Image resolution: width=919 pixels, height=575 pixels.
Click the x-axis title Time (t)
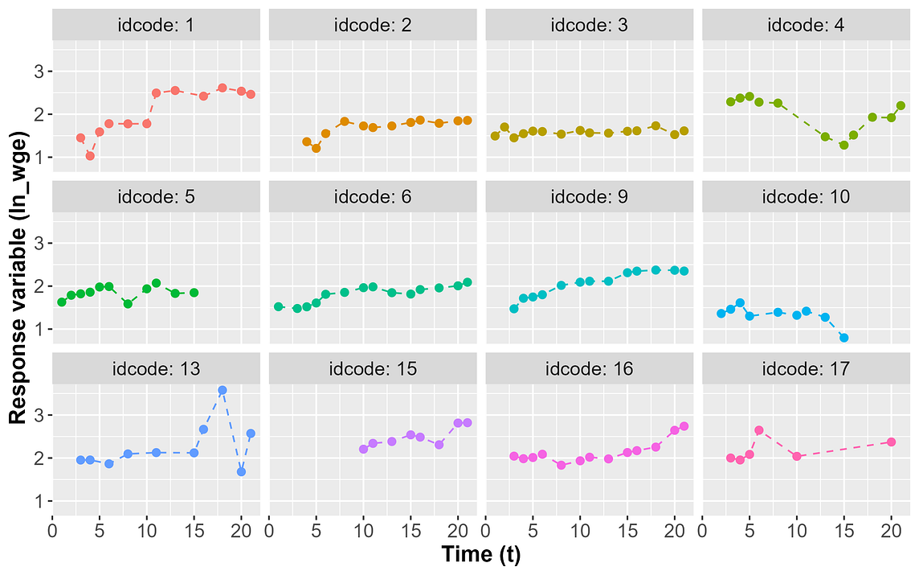click(481, 555)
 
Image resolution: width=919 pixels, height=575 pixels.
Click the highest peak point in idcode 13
click(223, 390)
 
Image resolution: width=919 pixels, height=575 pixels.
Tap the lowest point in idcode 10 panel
click(844, 338)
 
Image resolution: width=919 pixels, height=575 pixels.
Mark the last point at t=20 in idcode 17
click(891, 442)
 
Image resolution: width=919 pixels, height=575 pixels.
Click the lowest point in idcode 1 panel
click(90, 156)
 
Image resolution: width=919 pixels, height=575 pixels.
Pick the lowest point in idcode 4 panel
click(844, 146)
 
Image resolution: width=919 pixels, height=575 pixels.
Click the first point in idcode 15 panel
click(363, 449)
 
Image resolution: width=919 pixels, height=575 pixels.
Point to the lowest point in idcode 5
click(128, 304)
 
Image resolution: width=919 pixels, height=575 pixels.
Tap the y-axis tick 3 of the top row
click(38, 71)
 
